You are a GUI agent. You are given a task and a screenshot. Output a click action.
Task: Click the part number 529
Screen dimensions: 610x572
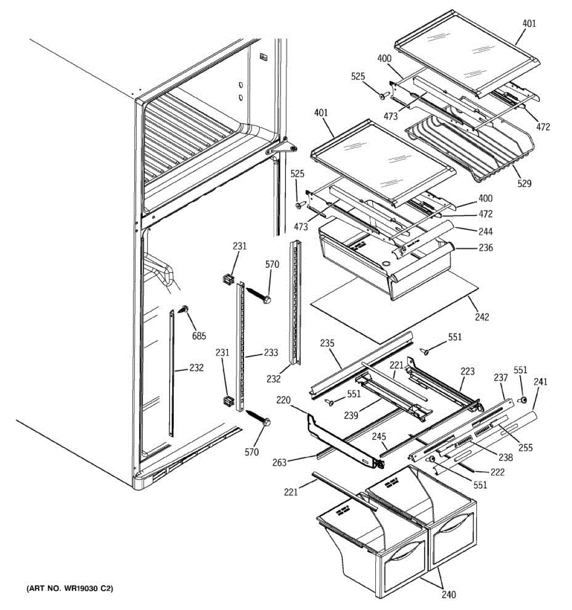[x=524, y=184]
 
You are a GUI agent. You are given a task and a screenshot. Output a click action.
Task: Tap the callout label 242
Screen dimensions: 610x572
[x=481, y=317]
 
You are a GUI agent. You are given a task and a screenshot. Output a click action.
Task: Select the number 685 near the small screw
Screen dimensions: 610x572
[x=199, y=335]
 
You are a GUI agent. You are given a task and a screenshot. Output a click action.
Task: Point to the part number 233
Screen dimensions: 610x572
[x=270, y=353]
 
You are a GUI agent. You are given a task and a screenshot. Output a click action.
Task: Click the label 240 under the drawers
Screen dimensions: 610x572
[x=448, y=595]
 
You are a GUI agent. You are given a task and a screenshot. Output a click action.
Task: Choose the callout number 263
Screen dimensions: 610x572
[x=279, y=462]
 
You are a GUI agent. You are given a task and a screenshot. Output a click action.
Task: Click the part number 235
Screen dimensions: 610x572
[x=327, y=344]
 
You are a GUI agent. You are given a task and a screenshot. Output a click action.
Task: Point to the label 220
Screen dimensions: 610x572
[x=283, y=401]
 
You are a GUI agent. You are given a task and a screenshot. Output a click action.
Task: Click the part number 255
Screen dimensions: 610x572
[x=525, y=447]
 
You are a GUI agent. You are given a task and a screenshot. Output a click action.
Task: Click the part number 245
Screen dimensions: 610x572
[x=379, y=436]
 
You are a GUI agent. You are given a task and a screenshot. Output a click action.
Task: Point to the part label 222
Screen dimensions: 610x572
[x=497, y=472]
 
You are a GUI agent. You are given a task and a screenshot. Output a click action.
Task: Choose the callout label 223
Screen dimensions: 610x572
[x=467, y=371]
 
